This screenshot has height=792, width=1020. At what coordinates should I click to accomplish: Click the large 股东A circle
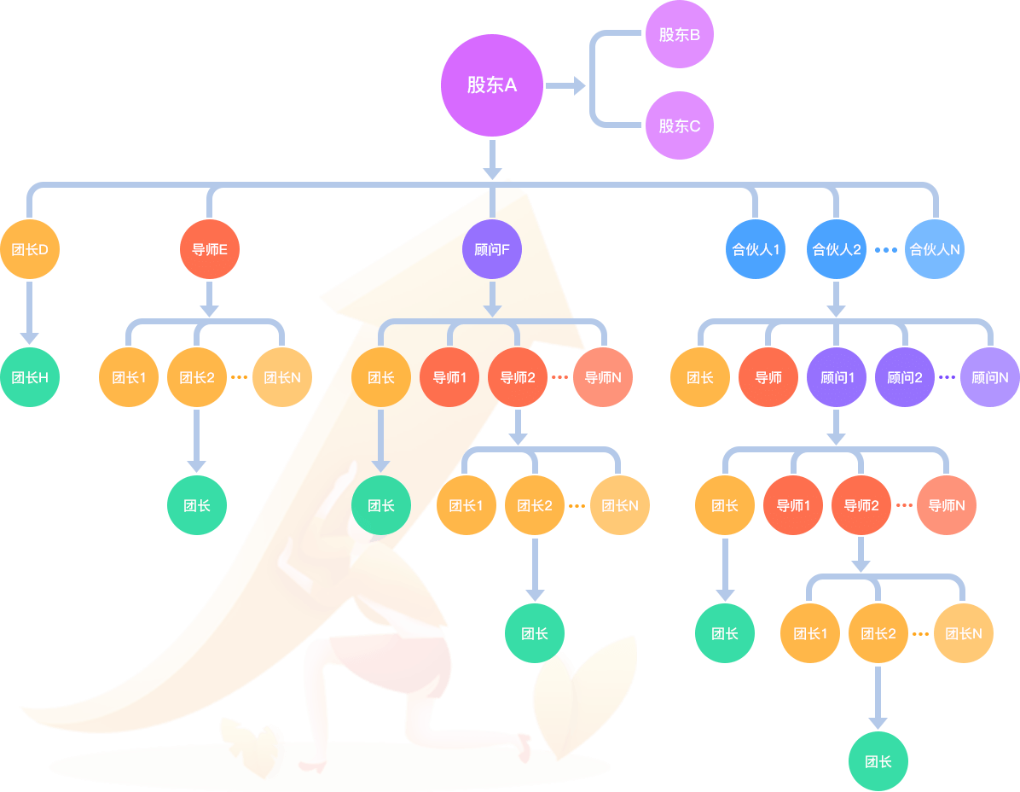tap(492, 85)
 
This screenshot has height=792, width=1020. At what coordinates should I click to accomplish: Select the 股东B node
tap(679, 34)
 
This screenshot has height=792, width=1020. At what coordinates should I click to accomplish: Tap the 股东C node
tap(679, 125)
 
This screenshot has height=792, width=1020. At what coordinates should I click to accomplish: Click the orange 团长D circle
tap(30, 249)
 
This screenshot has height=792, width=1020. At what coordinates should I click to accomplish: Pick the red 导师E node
tap(210, 249)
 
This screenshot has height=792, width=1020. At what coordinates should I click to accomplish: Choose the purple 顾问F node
tap(492, 249)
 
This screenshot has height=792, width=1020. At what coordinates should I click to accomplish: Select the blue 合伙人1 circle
tap(756, 249)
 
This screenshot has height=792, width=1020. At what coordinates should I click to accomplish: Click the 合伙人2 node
tap(836, 249)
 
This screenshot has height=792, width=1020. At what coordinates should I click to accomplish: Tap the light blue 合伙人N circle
tap(934, 249)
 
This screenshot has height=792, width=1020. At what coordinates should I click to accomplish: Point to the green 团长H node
tap(30, 377)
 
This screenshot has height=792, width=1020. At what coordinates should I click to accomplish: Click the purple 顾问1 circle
tap(837, 377)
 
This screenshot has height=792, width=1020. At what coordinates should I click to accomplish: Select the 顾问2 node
tap(905, 377)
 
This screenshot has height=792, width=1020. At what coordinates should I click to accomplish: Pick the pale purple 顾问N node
tap(990, 377)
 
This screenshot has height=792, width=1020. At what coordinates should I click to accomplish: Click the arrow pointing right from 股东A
tap(565, 85)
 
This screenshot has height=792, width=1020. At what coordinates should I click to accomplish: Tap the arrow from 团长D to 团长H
tap(29, 313)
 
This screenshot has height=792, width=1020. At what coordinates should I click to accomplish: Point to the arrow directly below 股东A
tap(492, 160)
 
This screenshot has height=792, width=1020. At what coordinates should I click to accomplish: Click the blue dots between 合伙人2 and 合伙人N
tap(885, 250)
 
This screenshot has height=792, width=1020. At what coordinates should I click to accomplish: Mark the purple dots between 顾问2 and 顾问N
tap(948, 377)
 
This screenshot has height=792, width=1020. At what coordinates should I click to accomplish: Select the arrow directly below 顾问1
tap(836, 427)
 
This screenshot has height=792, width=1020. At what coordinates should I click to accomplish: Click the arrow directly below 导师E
tap(209, 300)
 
